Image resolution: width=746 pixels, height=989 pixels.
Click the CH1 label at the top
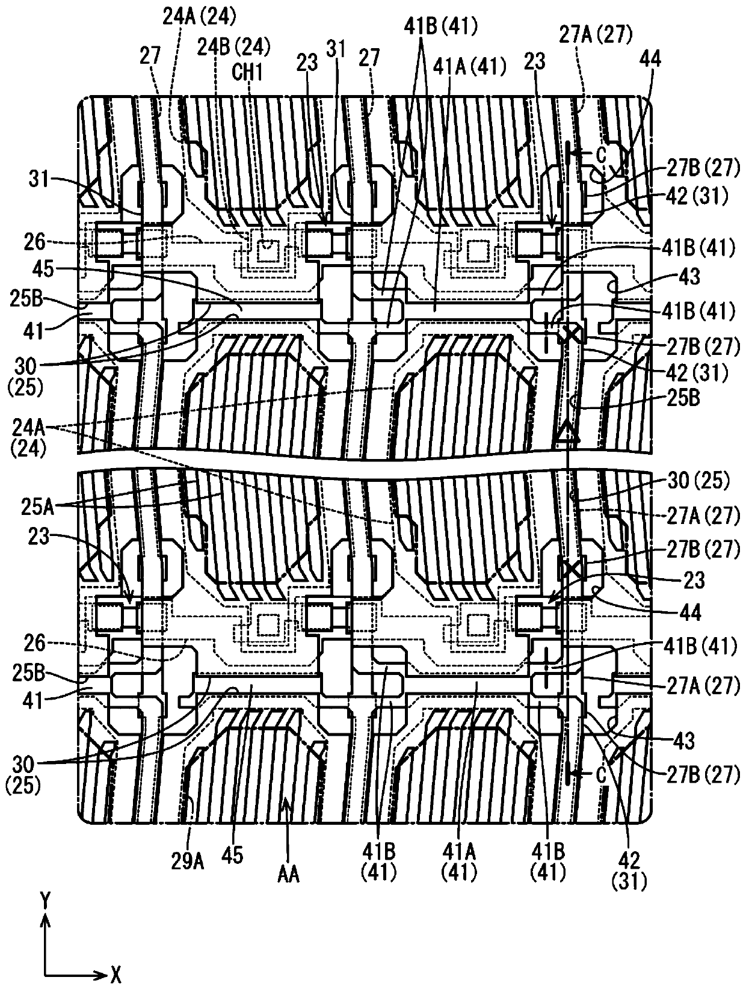coord(247,72)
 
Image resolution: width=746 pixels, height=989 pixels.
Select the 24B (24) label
coord(234,46)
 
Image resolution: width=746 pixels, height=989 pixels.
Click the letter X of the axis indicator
coord(116,975)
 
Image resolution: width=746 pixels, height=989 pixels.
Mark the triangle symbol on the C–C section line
coord(567,432)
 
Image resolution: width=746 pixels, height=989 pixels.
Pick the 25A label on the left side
coord(37,507)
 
